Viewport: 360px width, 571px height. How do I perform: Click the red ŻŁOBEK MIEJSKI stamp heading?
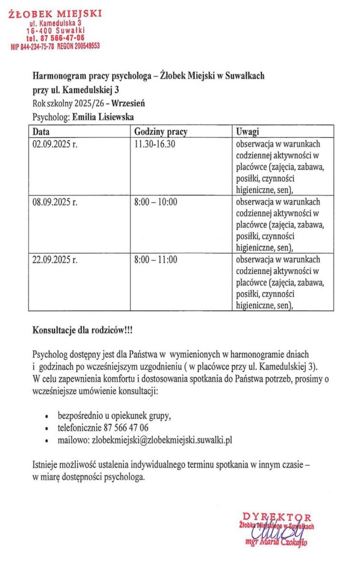[55, 13]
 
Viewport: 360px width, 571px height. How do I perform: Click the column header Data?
[41, 132]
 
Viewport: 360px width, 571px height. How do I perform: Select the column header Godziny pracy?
[160, 132]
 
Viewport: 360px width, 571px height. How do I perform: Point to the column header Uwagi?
[248, 132]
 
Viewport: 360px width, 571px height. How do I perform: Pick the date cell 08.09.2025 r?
[55, 202]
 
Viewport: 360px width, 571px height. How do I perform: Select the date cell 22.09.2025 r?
[55, 260]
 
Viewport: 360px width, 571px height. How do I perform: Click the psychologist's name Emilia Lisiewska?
[102, 116]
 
